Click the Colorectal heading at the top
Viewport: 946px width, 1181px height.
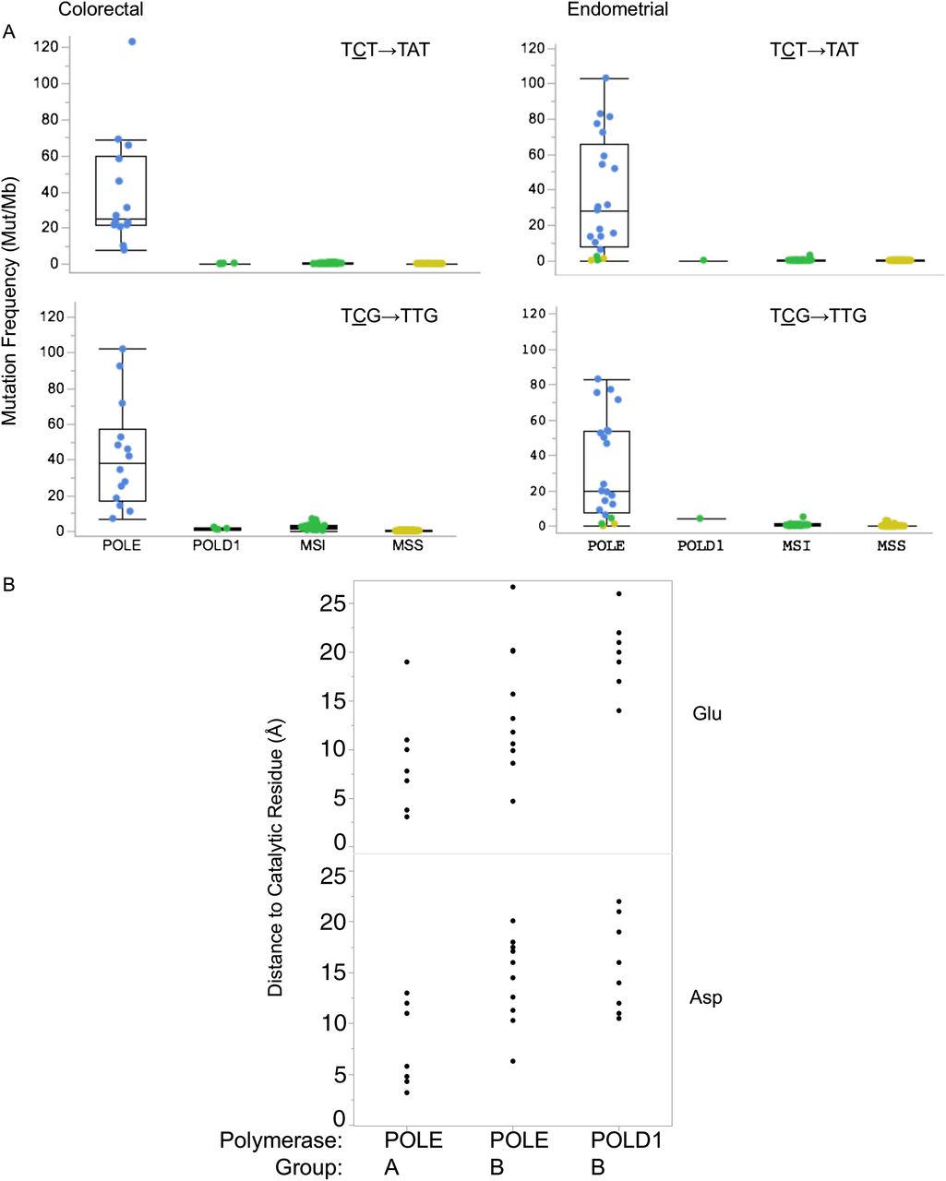coord(101,10)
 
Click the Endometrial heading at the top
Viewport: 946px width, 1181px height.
coord(617,10)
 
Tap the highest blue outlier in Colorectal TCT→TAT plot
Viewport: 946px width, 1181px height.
coord(132,42)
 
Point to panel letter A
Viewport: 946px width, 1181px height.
coord(9,33)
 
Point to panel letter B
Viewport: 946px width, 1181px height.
coord(9,585)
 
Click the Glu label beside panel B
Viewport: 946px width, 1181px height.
coord(707,713)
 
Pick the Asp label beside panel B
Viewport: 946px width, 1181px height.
coord(706,997)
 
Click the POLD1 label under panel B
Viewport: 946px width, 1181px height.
coord(627,1140)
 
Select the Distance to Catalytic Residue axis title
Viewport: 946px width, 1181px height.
coord(275,859)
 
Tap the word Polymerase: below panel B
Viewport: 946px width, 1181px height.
coord(281,1141)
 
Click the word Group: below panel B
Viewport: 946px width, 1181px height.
coord(308,1167)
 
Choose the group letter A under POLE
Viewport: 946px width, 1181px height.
coord(392,1167)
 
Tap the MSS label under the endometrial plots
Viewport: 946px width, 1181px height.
coord(891,545)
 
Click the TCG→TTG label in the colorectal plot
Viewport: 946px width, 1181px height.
coord(389,316)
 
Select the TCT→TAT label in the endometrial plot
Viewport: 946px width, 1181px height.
coord(814,50)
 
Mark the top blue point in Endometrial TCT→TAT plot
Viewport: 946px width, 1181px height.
coord(605,78)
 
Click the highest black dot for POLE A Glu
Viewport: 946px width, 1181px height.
coord(406,662)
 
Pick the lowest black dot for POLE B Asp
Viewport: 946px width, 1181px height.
coord(513,1061)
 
